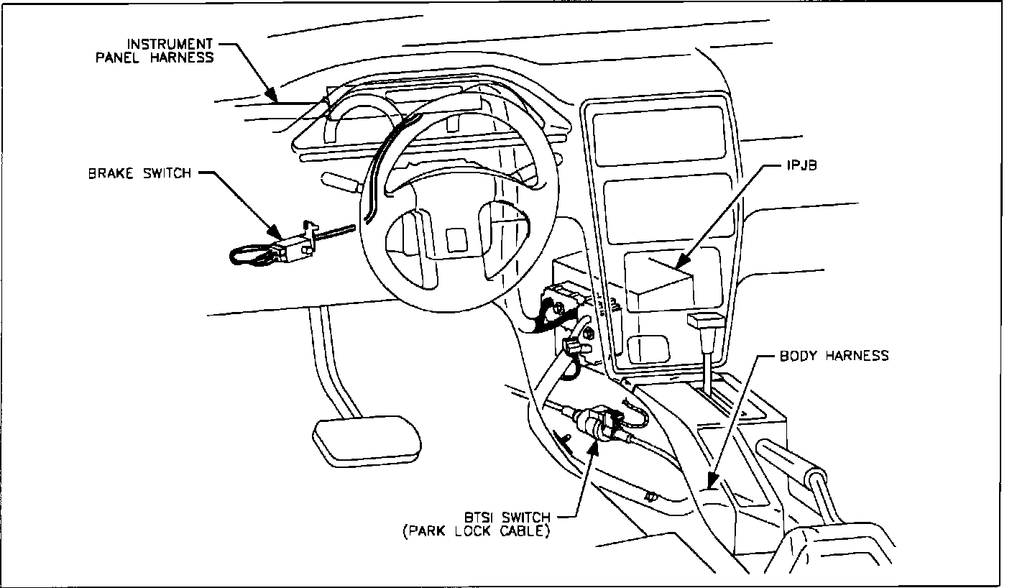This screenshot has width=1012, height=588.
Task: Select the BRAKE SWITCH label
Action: click(x=140, y=173)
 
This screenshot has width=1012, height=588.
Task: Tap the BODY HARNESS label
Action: click(x=834, y=356)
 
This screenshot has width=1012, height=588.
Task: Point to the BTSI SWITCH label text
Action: click(x=507, y=518)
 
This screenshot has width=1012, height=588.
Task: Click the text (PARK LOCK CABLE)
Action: click(x=477, y=532)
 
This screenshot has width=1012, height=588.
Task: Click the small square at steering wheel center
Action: click(x=456, y=239)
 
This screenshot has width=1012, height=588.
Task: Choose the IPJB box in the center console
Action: click(x=658, y=284)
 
